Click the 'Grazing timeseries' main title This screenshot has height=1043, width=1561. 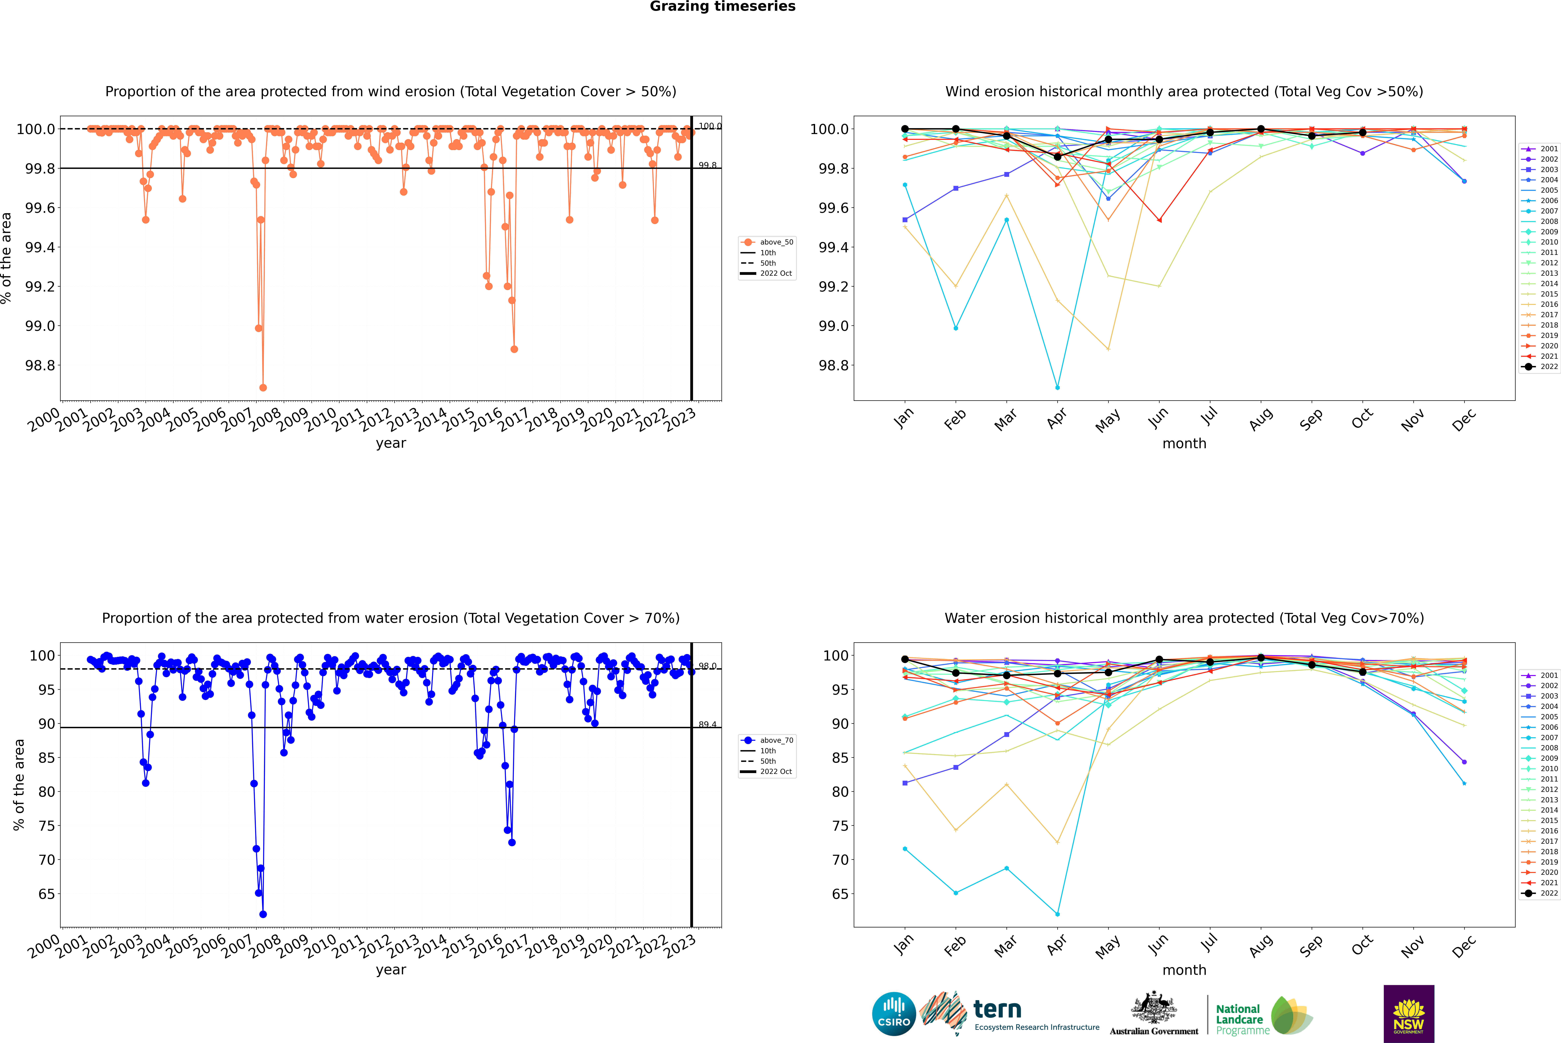[723, 7]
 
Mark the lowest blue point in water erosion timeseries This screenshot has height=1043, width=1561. [263, 914]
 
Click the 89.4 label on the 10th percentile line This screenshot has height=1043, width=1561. [707, 724]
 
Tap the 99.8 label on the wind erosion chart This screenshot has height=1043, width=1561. [707, 165]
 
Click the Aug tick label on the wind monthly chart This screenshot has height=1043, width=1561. [1261, 419]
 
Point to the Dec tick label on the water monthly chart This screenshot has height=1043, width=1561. [1464, 946]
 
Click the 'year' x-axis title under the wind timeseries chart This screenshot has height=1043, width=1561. [391, 443]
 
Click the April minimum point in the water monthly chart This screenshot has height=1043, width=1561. [1057, 914]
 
